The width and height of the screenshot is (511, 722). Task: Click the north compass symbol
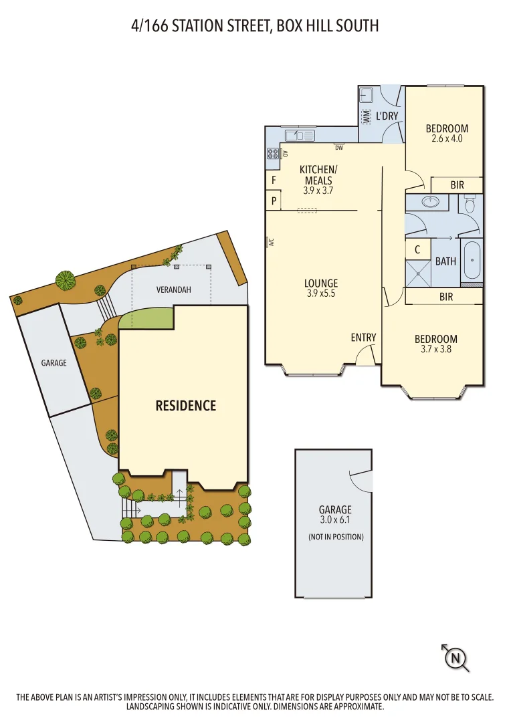456,658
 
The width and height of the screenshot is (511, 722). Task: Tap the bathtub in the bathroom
472,261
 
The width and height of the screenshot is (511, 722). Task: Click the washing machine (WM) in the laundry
366,116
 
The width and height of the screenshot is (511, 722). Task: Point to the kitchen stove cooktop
273,154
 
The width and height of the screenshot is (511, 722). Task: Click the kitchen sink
299,136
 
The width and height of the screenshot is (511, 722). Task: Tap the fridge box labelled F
273,180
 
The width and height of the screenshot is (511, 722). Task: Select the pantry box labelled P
273,200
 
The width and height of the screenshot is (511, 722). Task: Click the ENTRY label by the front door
363,338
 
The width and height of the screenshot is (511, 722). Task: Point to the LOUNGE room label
321,283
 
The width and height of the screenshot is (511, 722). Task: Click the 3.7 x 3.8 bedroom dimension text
435,349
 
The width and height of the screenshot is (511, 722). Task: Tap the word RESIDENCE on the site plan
186,405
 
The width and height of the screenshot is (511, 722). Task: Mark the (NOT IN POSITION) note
335,537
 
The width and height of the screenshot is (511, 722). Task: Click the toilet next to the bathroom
470,204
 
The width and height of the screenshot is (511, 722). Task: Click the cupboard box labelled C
417,250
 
